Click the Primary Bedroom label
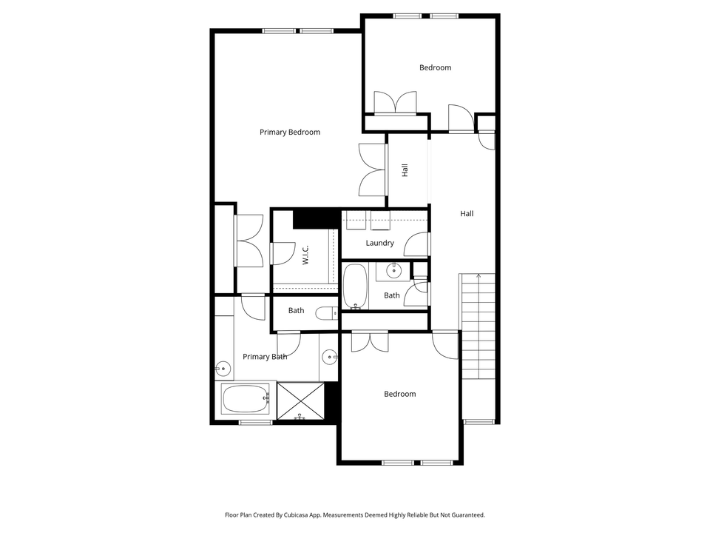[x=290, y=133]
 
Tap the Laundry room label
[x=379, y=243]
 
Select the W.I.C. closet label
[x=305, y=255]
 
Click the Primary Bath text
[x=265, y=357]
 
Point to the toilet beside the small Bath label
[x=326, y=313]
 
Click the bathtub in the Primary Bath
[x=245, y=400]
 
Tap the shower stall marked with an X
[x=300, y=400]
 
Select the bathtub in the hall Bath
[x=354, y=286]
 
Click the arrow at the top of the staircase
[x=479, y=277]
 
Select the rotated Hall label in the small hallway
[x=405, y=170]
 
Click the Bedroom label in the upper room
[x=435, y=68]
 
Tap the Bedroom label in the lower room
[x=399, y=394]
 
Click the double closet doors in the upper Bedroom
[x=395, y=104]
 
